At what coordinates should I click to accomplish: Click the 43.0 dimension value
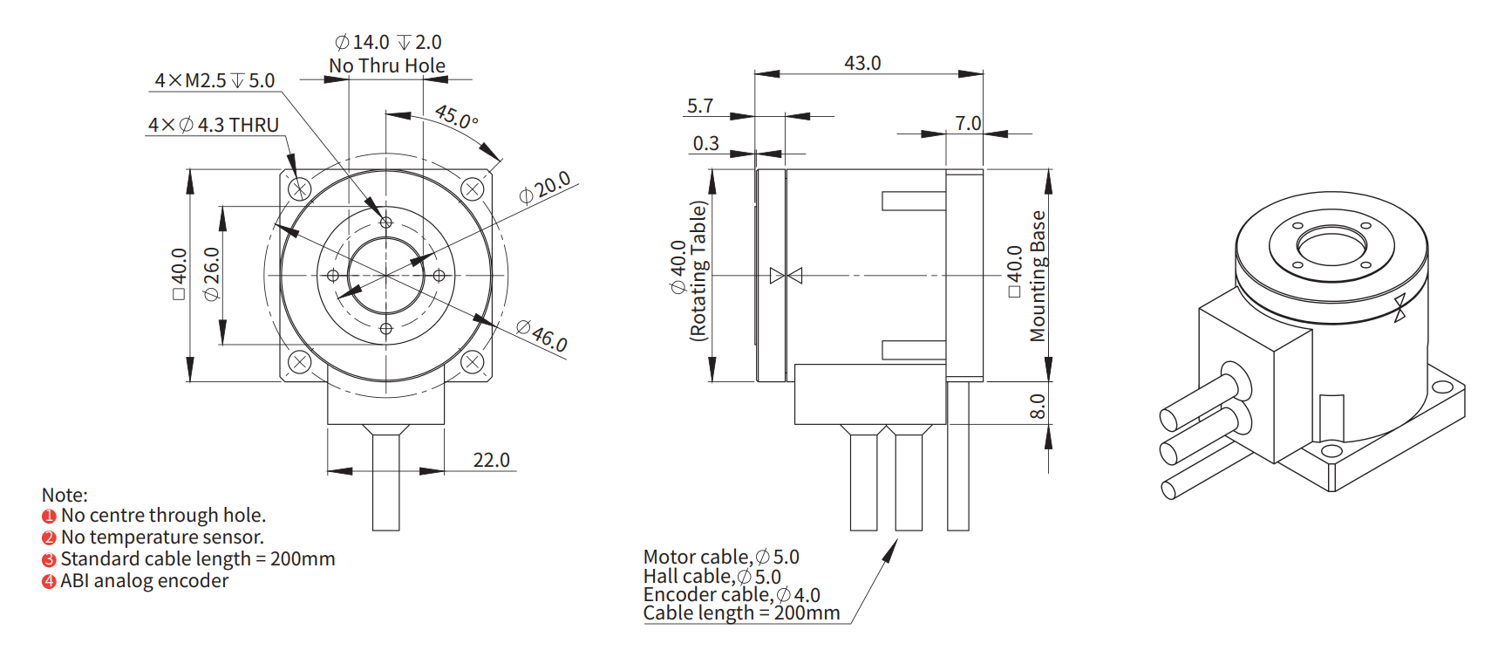[862, 63]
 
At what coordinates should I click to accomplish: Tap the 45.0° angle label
[456, 116]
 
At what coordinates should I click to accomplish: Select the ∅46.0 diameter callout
[541, 336]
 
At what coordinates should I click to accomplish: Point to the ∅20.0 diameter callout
[545, 187]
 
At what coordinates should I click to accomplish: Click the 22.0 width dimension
[491, 460]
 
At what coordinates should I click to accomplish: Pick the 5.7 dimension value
[700, 106]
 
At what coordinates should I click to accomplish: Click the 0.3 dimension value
[706, 143]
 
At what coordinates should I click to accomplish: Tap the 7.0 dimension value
[968, 123]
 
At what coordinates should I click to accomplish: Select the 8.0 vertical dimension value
[1037, 406]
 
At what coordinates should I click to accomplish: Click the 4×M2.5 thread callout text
[215, 80]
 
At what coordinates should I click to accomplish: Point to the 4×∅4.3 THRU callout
[214, 125]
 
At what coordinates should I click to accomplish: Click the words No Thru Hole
[387, 65]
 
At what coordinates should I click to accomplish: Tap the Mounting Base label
[1038, 276]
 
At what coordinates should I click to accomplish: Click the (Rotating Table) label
[698, 270]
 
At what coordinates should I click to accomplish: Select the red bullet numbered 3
[49, 559]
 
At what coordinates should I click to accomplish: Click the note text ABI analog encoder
[145, 581]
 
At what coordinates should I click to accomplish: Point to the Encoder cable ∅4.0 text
[732, 595]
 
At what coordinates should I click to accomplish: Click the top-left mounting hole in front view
[299, 188]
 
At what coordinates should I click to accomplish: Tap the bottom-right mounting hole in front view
[472, 361]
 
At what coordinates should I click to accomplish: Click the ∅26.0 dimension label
[211, 274]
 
